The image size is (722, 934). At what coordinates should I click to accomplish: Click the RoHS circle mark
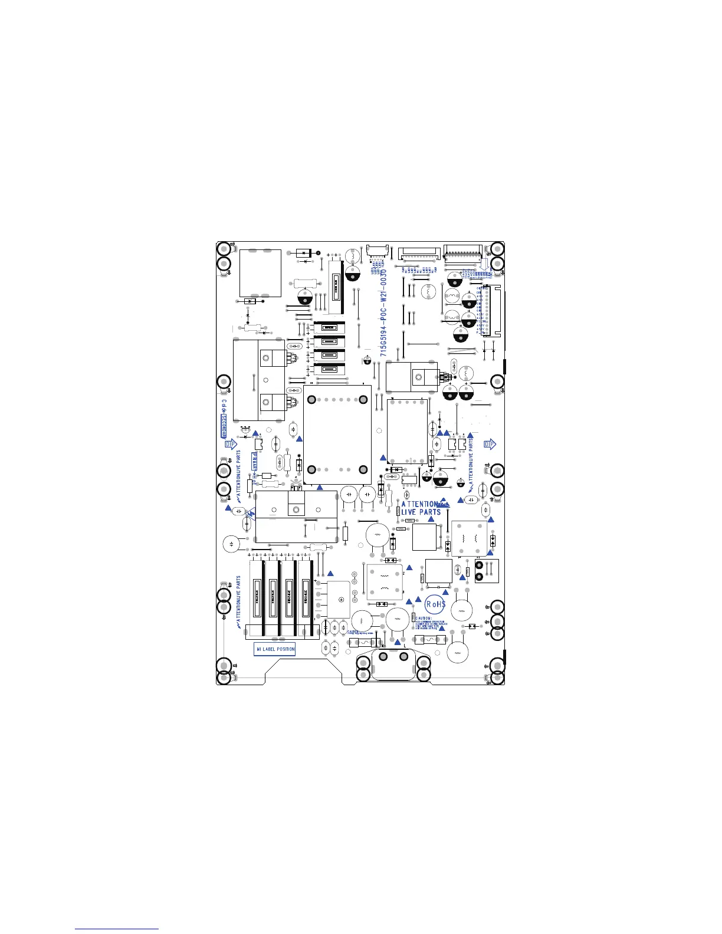pos(436,604)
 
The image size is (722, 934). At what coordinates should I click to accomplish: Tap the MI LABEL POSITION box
pos(275,649)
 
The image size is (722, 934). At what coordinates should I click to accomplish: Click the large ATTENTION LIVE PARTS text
pos(421,508)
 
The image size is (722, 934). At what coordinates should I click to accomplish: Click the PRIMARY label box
pos(256,463)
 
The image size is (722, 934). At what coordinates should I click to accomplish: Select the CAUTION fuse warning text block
pos(431,623)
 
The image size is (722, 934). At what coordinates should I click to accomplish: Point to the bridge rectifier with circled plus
pos(339,599)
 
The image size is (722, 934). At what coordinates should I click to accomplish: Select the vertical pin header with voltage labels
pos(491,311)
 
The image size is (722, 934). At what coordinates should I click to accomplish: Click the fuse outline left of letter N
pos(362,643)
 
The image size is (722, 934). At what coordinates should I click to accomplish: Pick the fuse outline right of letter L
pos(431,640)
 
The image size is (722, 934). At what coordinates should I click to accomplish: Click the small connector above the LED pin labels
pos(378,251)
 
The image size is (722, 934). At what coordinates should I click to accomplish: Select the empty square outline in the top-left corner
pos(260,273)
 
